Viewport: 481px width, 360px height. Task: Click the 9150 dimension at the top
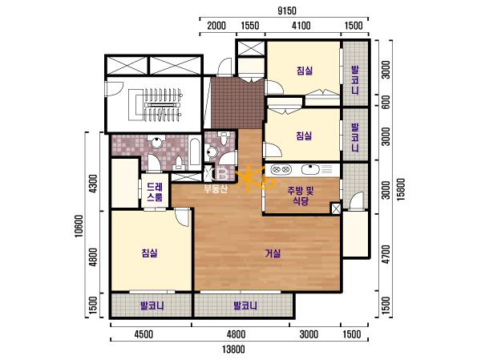(287, 10)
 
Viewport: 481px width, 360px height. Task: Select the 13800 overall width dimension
(234, 350)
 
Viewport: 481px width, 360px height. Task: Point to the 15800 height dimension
(401, 189)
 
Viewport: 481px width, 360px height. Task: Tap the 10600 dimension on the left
(79, 225)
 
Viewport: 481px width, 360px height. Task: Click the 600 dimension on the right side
(386, 102)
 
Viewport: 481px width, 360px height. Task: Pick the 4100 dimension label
(301, 26)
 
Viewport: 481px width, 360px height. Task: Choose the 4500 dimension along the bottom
(143, 334)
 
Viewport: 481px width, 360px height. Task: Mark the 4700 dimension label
(386, 254)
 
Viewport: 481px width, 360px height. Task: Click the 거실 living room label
(273, 253)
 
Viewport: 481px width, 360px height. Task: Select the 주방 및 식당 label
(301, 196)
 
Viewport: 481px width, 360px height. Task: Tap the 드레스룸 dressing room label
(155, 192)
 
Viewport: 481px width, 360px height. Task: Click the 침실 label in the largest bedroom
(150, 253)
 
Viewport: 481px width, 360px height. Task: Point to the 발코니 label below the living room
(245, 305)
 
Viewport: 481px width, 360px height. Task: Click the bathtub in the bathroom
(195, 152)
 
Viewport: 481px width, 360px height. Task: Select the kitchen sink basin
(310, 169)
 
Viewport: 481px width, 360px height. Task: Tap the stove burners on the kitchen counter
(281, 169)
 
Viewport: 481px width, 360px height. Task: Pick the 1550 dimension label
(249, 26)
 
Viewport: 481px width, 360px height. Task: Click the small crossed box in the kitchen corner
(336, 208)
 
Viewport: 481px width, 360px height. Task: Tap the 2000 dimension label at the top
(216, 26)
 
